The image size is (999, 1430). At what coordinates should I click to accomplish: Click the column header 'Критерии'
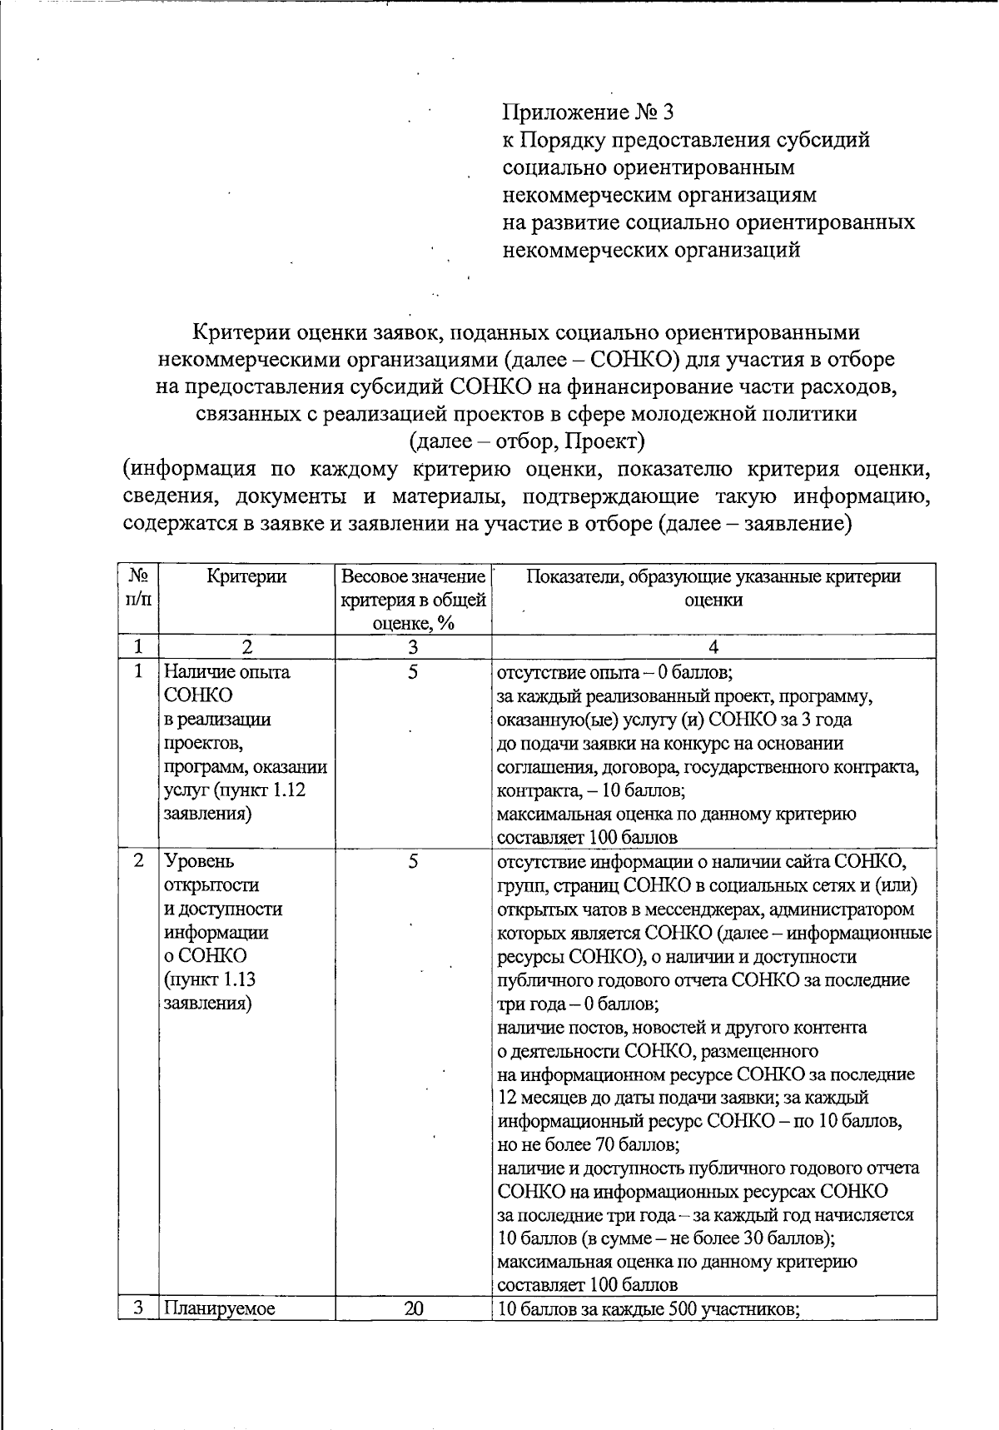[246, 576]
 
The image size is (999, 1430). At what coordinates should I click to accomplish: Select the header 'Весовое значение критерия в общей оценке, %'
[413, 599]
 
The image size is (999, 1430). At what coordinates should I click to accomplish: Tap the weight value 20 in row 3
[413, 1308]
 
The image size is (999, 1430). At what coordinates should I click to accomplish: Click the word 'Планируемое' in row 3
[219, 1308]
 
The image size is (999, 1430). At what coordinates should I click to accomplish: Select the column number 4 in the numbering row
[713, 646]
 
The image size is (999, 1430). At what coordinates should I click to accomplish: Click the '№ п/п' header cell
[138, 587]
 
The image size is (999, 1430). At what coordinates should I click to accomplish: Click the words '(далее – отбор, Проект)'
[527, 440]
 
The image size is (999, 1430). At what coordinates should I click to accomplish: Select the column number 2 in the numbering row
[246, 646]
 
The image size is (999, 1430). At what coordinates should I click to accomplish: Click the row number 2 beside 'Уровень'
[138, 860]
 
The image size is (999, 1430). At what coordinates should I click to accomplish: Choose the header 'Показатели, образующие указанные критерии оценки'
[713, 588]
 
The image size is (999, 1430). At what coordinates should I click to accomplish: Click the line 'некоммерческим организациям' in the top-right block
[659, 195]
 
